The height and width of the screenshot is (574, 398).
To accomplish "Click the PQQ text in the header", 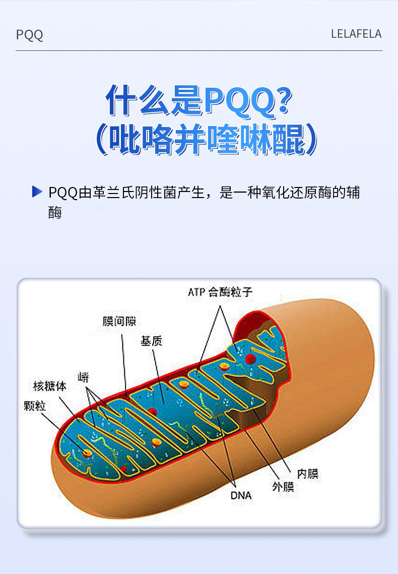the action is pos(29,35).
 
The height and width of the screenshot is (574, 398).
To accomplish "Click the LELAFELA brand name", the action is pos(356,34).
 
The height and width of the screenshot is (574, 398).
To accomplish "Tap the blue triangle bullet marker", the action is pos(36,192).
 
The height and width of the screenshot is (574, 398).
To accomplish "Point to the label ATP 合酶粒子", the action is pos(220,292).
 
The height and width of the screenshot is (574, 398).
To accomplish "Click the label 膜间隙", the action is pos(119,322).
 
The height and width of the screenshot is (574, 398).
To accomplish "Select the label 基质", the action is pos(151,341).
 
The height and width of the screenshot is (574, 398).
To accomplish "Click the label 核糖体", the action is pos(49,387).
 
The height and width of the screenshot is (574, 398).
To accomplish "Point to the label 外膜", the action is pos(283,486).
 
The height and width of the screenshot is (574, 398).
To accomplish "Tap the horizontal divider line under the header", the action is pos(199,50).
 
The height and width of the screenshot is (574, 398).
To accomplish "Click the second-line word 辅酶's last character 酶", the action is pos(55,213).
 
